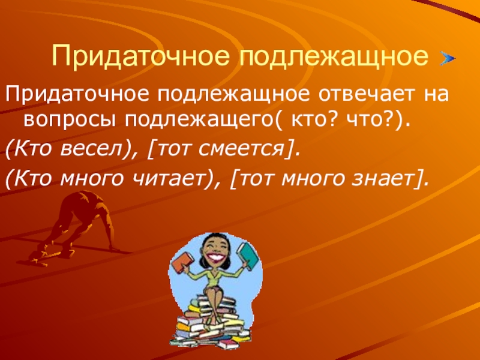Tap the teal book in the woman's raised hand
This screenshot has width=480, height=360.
pyautogui.click(x=248, y=255)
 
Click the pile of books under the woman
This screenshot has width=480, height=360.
pyautogui.click(x=210, y=321)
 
